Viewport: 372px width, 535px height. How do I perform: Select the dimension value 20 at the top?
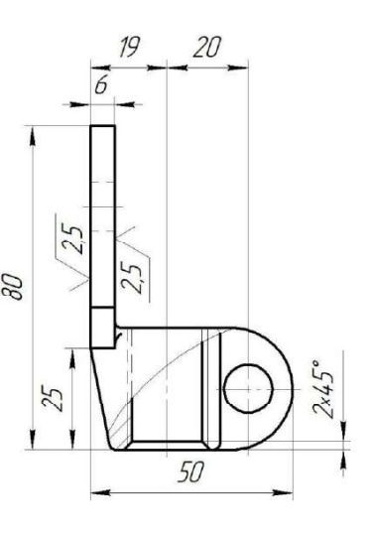207,47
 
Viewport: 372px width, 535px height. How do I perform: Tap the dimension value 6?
101,85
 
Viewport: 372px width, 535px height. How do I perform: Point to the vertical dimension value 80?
14,287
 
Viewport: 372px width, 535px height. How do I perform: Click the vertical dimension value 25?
53,398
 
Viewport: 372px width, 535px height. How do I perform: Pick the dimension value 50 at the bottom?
191,471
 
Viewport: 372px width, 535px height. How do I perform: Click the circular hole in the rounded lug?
249,389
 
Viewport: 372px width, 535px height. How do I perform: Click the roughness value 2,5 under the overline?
72,238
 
